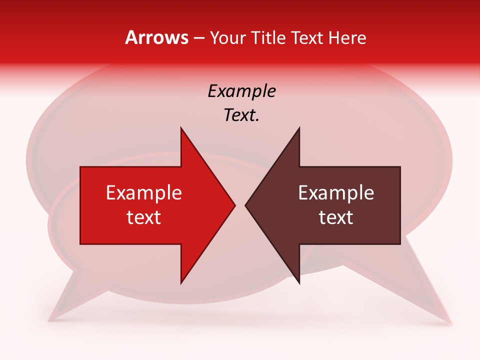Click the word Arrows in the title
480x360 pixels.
tap(156, 37)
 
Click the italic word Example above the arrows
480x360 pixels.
tap(241, 91)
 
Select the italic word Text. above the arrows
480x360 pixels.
tap(241, 115)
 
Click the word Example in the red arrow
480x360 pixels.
tap(144, 193)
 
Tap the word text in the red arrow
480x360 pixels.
tap(144, 217)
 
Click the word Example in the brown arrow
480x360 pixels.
tap(336, 193)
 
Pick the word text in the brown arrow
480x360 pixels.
tap(336, 217)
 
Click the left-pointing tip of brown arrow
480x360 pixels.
tap(246, 205)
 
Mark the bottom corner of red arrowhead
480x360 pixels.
tap(181, 282)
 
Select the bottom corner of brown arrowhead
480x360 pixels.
tap(299, 282)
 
